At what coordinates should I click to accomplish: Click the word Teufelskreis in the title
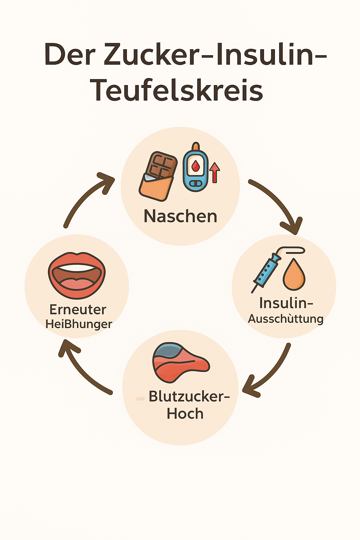pos(176,90)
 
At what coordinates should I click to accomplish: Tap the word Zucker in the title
pos(154,54)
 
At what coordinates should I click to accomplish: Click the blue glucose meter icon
pos(195,168)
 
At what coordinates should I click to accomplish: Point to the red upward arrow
pos(214,172)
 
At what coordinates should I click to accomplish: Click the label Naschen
pos(180,216)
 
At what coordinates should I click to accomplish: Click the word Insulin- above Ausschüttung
pos(286,303)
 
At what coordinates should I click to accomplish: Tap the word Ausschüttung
pos(285,319)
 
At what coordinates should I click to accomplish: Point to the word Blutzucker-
pos(189,397)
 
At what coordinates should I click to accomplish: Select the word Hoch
pos(185,414)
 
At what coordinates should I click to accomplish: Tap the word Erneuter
pos(78,310)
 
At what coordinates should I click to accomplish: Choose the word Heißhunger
pos(79,324)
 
